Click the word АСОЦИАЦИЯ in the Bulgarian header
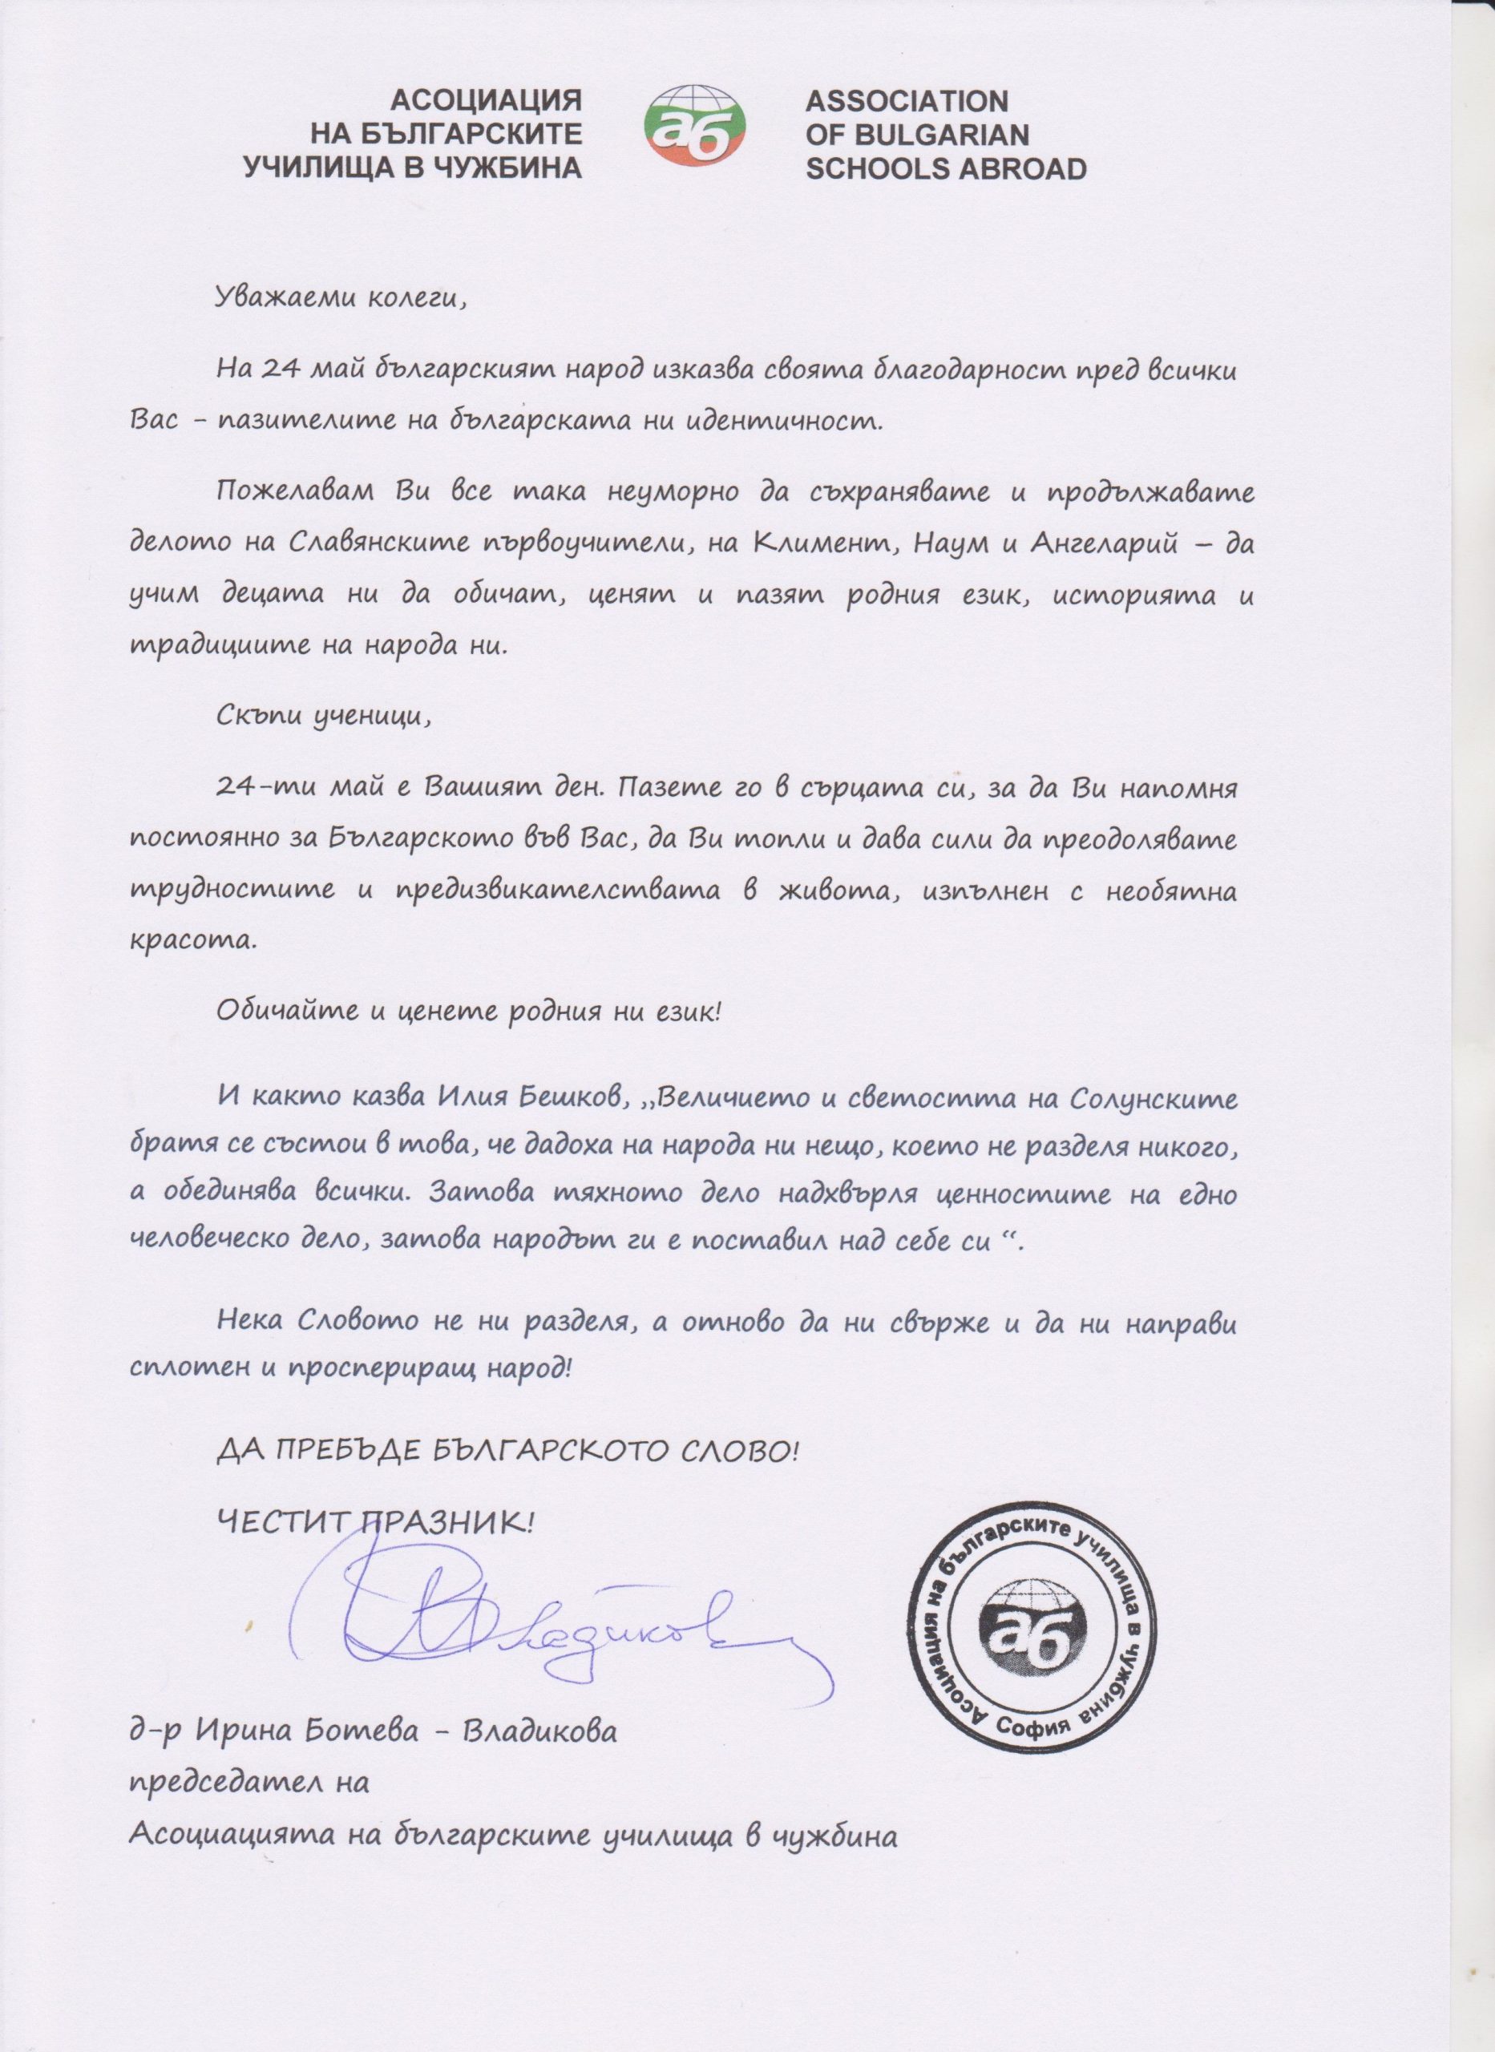pos(484,99)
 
